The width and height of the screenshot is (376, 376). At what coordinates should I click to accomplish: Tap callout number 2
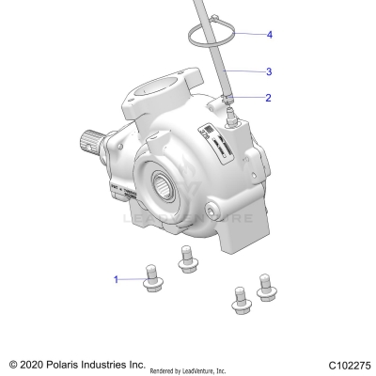tap(268, 97)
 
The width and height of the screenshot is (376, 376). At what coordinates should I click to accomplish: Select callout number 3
tap(269, 71)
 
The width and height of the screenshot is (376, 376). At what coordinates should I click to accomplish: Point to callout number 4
tap(269, 35)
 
